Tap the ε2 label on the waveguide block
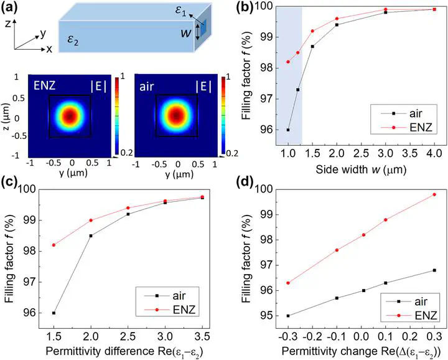pos(73,40)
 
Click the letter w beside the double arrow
pos(186,33)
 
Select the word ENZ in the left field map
pos(44,85)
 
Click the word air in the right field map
pos(147,87)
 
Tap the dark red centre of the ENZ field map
pos(70,116)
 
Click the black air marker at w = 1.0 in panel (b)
pos(288,130)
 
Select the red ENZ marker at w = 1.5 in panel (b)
pos(312,31)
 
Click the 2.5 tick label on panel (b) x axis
pos(361,154)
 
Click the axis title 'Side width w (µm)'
pos(361,169)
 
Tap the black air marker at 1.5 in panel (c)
pos(54,313)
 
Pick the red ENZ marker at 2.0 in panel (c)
pos(91,220)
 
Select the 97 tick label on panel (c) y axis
pos(28,282)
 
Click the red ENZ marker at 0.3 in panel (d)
pos(434,194)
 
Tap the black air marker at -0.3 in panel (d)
pos(288,316)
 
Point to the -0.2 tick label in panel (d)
pos(312,336)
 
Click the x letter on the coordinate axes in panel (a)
pos(49,49)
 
